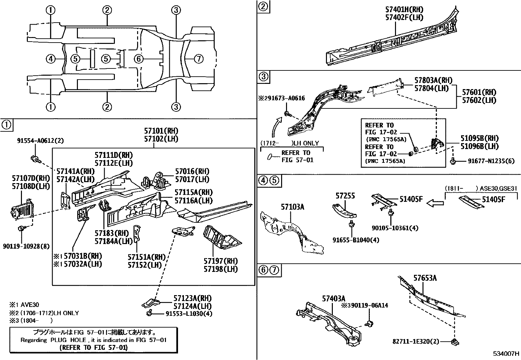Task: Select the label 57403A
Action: pos(333,298)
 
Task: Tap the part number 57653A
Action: pos(425,278)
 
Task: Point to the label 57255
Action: pos(345,196)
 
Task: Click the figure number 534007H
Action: pos(506,354)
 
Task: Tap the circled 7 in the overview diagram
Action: pos(199,59)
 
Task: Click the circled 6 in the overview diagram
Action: pos(139,59)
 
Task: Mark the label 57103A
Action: pos(292,207)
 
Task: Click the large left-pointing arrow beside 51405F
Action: pos(435,203)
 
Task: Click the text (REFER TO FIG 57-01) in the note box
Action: pos(94,347)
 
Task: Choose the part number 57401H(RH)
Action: pos(404,10)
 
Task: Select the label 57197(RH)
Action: pos(221,261)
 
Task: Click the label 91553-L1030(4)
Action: pos(189,313)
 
